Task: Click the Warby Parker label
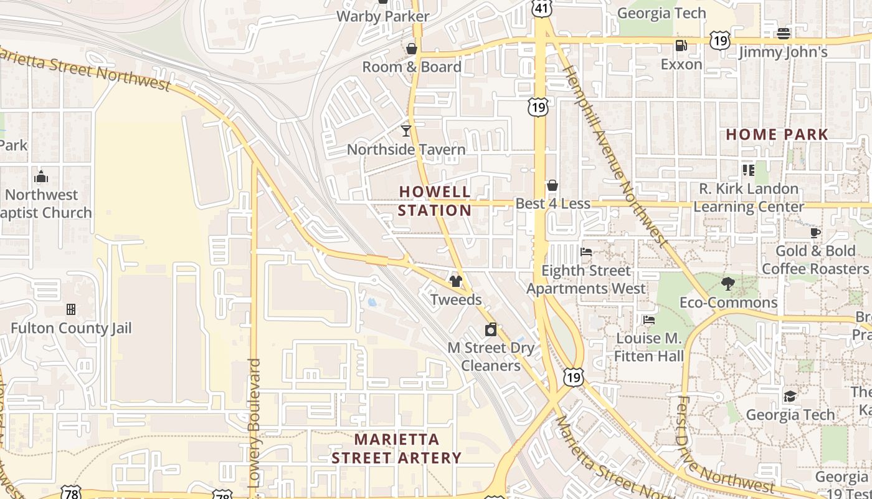[x=382, y=16]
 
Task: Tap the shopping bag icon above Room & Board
[x=412, y=48]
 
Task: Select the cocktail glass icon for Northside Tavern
[x=406, y=130]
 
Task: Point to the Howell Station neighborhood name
[x=435, y=201]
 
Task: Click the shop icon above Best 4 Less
[x=552, y=185]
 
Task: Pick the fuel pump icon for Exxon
[x=681, y=46]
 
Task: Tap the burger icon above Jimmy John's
[x=784, y=33]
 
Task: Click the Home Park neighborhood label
[x=777, y=134]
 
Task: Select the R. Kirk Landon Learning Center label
[x=748, y=198]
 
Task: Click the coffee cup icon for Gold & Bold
[x=815, y=233]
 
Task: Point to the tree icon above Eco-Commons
[x=728, y=284]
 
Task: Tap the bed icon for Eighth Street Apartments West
[x=586, y=252]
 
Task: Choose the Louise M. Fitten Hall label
[x=649, y=347]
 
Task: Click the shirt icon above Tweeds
[x=456, y=281]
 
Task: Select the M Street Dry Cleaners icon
[x=491, y=329]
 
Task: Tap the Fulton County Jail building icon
[x=71, y=309]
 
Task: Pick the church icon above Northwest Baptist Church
[x=41, y=177]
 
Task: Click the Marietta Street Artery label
[x=396, y=448]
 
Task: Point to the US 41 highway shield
[x=541, y=8]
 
